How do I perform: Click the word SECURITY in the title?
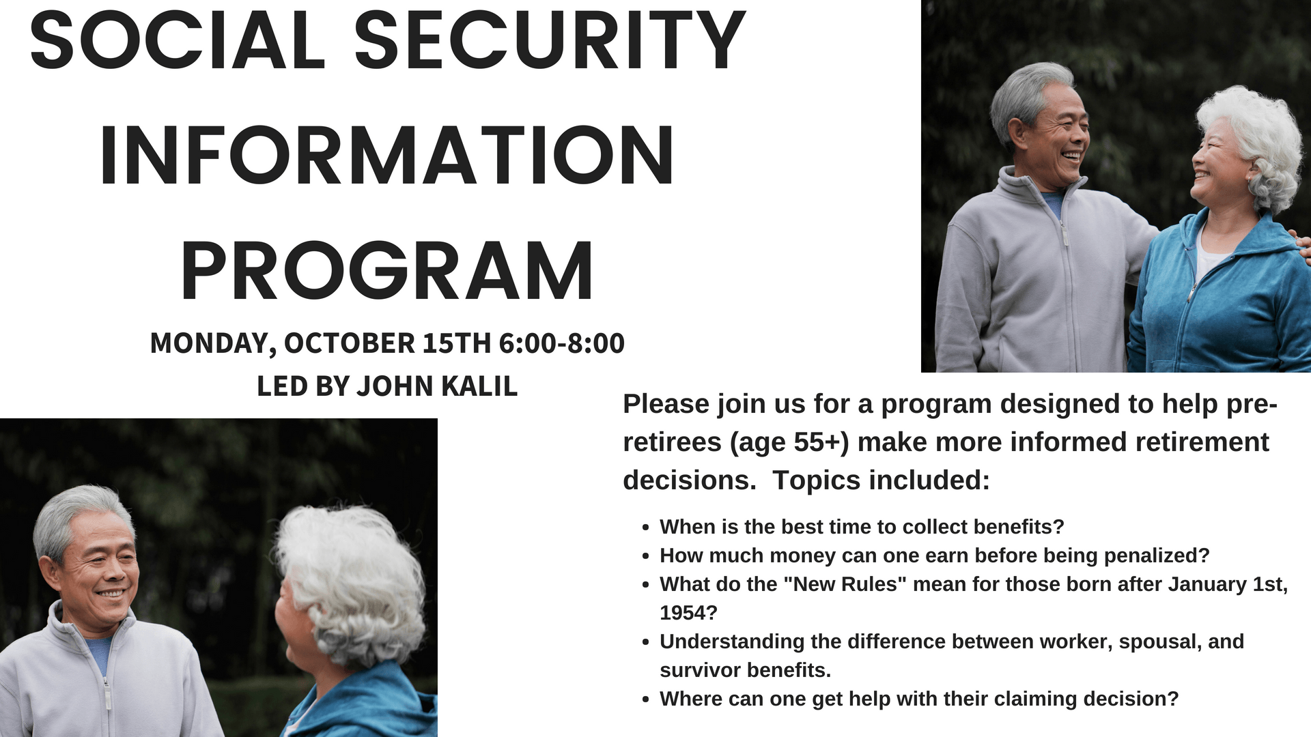(x=550, y=41)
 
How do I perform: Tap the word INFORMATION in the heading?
(x=387, y=156)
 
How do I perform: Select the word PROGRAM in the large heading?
(x=387, y=271)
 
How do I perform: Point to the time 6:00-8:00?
(x=561, y=343)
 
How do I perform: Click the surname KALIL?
(x=480, y=386)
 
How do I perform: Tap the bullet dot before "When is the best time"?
(x=645, y=528)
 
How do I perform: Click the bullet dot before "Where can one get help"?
(x=645, y=700)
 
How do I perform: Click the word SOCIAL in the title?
(x=178, y=41)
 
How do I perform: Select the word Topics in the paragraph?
(x=811, y=481)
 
